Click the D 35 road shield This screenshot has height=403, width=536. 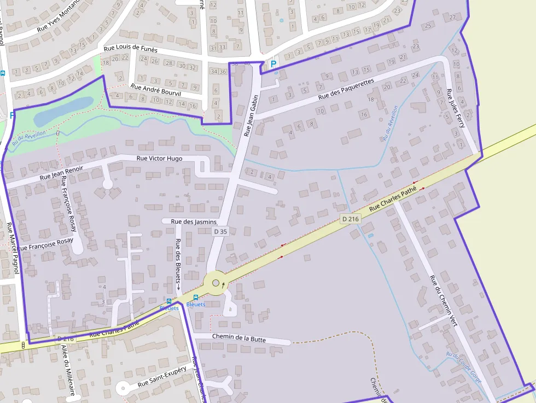coord(220,232)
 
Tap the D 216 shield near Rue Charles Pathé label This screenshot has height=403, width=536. coord(351,219)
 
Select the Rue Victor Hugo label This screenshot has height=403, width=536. coord(159,159)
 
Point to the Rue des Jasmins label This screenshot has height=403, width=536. coord(194,222)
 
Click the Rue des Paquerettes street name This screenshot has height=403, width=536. coord(346,89)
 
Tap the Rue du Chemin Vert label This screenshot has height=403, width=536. coord(443,301)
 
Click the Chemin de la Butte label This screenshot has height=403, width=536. coord(238,338)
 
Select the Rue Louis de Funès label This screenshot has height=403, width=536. coord(131,49)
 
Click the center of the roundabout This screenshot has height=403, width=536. coord(215,283)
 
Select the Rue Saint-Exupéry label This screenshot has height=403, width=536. coord(162,377)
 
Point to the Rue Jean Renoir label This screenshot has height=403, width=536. coord(61,173)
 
